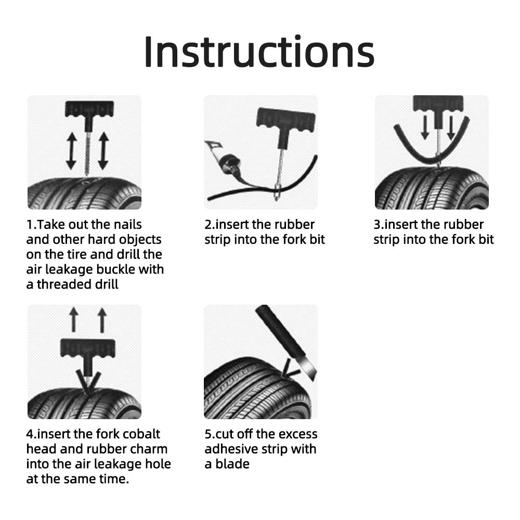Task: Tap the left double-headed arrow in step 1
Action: coord(71,151)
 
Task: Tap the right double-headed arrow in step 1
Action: coord(102,151)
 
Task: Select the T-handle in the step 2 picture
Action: coord(284,124)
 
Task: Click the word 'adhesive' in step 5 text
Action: coord(232,449)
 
